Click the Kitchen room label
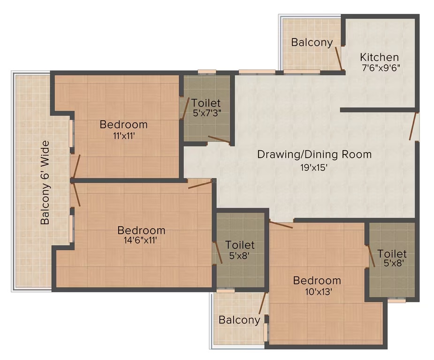coord(379,57)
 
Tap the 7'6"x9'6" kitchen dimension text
coord(381,68)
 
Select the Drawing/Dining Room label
coord(314,154)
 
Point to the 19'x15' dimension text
coord(314,167)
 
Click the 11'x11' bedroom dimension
coord(123,136)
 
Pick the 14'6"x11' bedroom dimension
coord(141,240)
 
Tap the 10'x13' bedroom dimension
coord(317,291)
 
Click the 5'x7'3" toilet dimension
coord(206,113)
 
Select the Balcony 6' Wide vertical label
coord(45,183)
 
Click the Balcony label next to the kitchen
coord(312,42)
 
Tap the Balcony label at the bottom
coord(239,320)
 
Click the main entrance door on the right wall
coord(413,126)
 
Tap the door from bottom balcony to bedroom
coord(262,304)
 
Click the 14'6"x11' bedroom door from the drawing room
coord(200,184)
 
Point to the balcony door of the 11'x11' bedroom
coord(76,167)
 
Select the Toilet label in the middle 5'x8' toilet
coord(240,245)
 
